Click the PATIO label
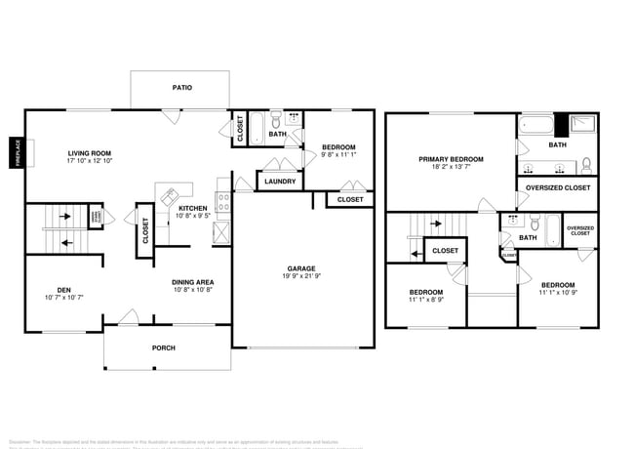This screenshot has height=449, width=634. pos(182,88)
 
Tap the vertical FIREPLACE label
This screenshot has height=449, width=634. pos(17,153)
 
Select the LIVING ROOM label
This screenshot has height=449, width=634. pos(90,152)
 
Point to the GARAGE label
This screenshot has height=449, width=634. pos(301,267)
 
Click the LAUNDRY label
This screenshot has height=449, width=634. pos(280,181)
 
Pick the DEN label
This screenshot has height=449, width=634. pos(63,289)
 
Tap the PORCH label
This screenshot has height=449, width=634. pos(163,347)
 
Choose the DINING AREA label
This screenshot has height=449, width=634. pos(193,282)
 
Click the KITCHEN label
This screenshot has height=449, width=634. pos(192,208)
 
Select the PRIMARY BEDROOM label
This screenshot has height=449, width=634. pos(451,159)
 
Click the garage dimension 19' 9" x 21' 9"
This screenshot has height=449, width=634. pos(301,275)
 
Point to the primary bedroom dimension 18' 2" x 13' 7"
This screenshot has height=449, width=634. pos(451,167)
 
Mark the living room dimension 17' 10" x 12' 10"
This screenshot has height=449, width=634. pos(90,161)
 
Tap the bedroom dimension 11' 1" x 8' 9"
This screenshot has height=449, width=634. pos(425,300)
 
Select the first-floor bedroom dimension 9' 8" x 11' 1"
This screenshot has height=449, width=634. pos(338,154)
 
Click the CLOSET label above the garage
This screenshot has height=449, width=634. pos(350,199)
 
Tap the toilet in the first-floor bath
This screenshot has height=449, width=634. pos(276,121)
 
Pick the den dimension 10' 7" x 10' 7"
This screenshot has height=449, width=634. pos(63,297)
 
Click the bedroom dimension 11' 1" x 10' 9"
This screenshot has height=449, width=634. pos(558,293)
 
